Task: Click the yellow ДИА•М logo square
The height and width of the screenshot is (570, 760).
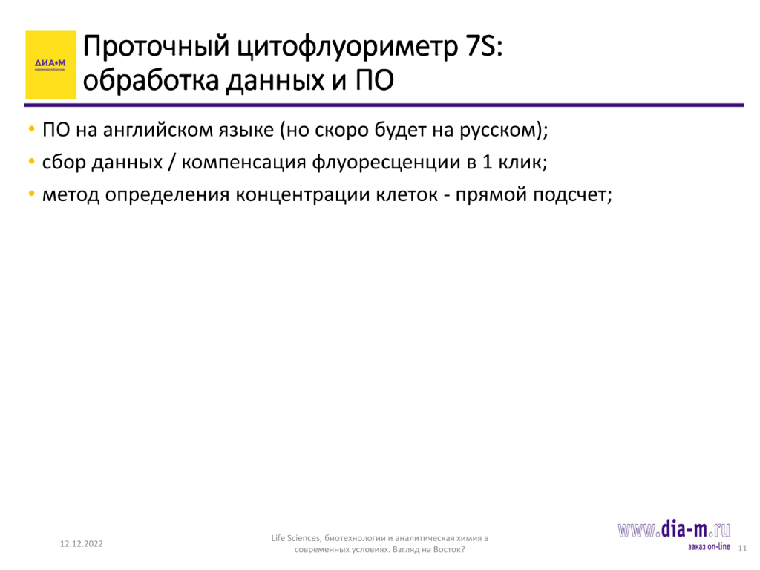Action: tap(51, 65)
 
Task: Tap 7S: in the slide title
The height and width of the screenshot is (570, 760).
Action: tap(484, 47)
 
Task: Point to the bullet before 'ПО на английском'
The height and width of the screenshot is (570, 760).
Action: tap(31, 129)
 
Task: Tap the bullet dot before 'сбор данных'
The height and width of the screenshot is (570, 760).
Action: tap(31, 161)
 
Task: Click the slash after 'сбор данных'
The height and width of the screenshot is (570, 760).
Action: tap(171, 163)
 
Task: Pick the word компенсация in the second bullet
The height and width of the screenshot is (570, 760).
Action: tap(243, 163)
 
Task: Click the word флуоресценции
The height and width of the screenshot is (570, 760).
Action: tap(386, 163)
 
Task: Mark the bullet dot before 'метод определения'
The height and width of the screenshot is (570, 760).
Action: tap(31, 194)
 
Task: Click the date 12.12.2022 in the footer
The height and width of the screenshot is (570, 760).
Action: tap(82, 544)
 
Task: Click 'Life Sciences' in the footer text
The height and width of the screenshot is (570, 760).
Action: tap(295, 538)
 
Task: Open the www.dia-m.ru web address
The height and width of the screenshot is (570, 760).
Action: tap(674, 530)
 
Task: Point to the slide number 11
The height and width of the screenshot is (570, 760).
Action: tap(742, 548)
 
